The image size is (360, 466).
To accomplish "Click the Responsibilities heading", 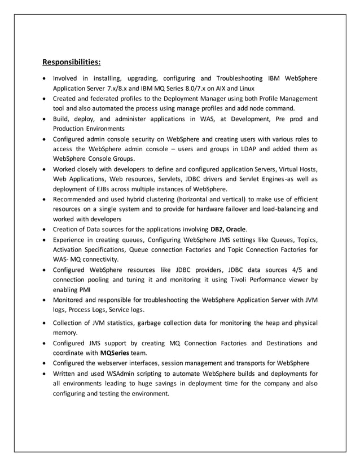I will [x=72, y=61].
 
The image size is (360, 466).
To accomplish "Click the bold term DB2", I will [x=216, y=229].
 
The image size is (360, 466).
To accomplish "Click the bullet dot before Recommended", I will [x=45, y=199].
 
